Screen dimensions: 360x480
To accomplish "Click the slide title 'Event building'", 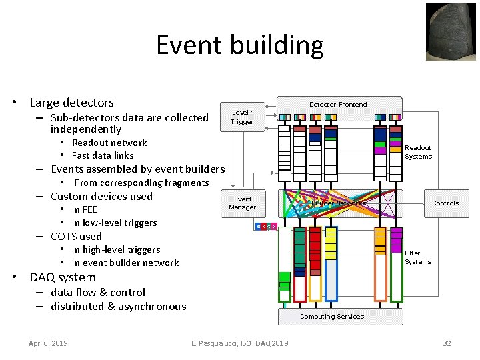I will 239,45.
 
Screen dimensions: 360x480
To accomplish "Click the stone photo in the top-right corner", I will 451,32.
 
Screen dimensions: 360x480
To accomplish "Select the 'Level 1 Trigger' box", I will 242,117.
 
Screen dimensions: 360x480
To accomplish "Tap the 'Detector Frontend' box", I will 338,105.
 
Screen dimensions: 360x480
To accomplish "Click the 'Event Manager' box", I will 242,203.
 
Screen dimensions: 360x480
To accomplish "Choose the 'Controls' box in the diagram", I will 445,203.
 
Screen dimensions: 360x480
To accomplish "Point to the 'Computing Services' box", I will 332,316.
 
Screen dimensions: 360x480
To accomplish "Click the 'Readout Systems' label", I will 418,152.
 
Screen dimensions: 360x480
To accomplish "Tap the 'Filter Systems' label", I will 418,257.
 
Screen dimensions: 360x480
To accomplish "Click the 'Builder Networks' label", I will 339,203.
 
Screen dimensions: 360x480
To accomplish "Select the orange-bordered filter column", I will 380,263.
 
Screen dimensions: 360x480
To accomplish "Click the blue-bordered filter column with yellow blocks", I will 331,263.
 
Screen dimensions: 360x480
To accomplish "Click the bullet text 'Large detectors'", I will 72,103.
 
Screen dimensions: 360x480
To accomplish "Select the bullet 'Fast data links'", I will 103,155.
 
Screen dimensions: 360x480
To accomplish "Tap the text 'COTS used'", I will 77,236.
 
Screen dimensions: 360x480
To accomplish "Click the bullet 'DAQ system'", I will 63,277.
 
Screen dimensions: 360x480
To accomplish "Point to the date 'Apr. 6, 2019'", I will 48,343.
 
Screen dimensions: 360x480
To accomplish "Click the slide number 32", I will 447,343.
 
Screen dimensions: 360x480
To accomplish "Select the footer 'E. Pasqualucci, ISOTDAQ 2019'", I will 239,343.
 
